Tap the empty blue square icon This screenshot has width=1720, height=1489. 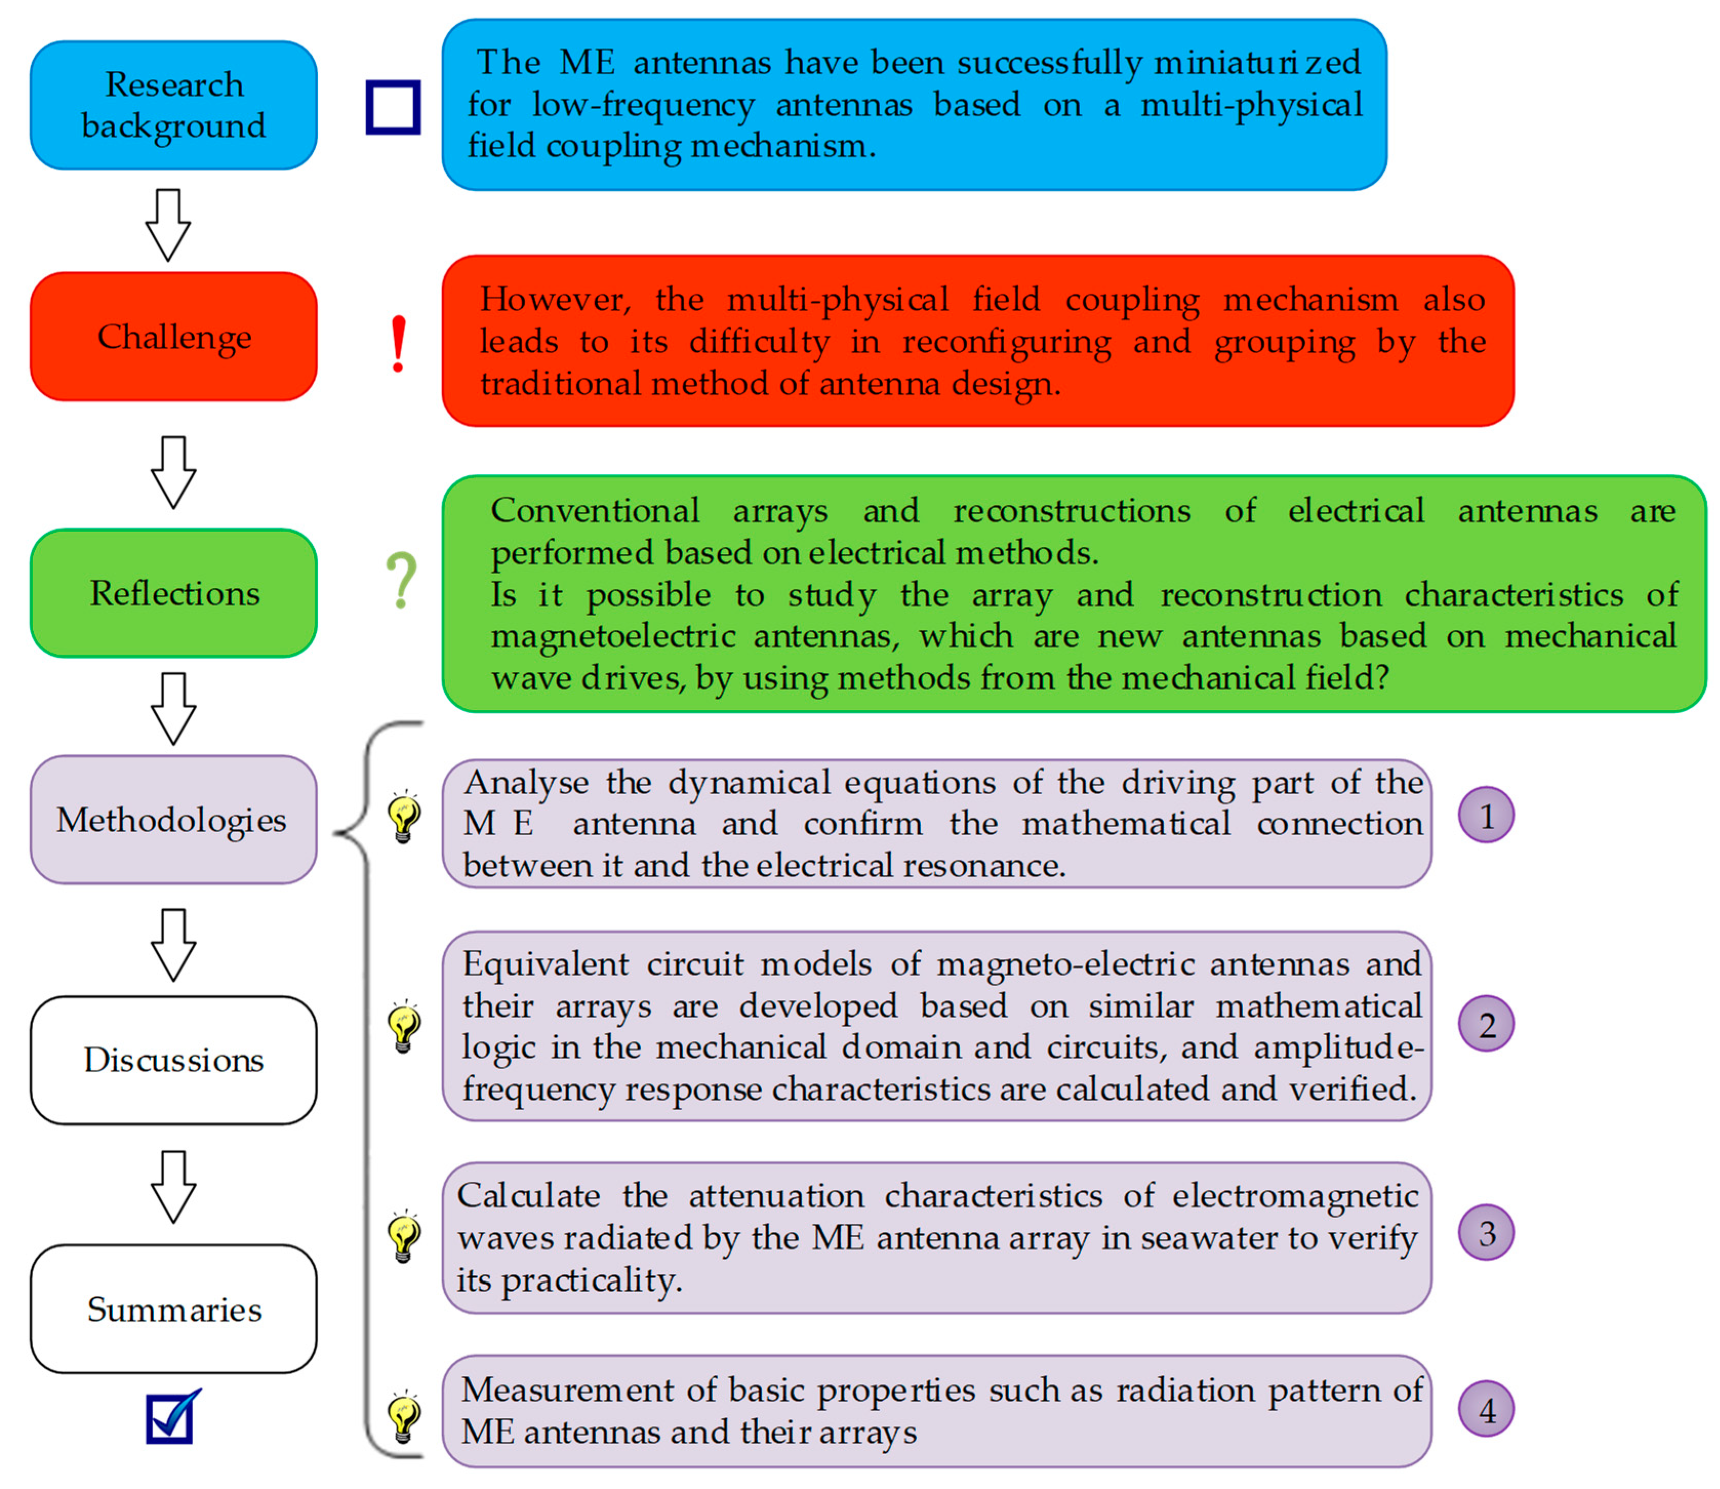coord(393,107)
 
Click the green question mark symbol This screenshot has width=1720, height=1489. coord(401,581)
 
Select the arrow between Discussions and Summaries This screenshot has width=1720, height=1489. coord(173,1186)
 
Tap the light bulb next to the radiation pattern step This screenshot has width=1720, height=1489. coord(404,1417)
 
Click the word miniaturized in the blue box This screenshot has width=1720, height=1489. coord(1257,63)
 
